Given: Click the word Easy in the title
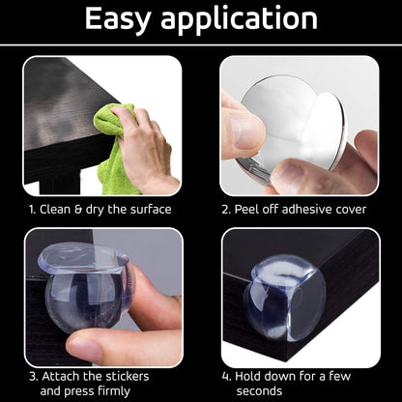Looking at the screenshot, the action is (118, 20).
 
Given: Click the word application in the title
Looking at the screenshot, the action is (239, 20).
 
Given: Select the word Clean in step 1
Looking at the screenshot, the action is (55, 210).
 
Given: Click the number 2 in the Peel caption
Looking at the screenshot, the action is (226, 210).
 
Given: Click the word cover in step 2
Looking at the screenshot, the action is (351, 210).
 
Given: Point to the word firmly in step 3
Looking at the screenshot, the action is (114, 391).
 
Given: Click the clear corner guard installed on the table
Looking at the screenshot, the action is (285, 297).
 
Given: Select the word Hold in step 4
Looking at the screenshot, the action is (247, 376).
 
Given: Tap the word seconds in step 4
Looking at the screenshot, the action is (259, 391).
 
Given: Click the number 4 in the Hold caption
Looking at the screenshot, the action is (226, 377).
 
